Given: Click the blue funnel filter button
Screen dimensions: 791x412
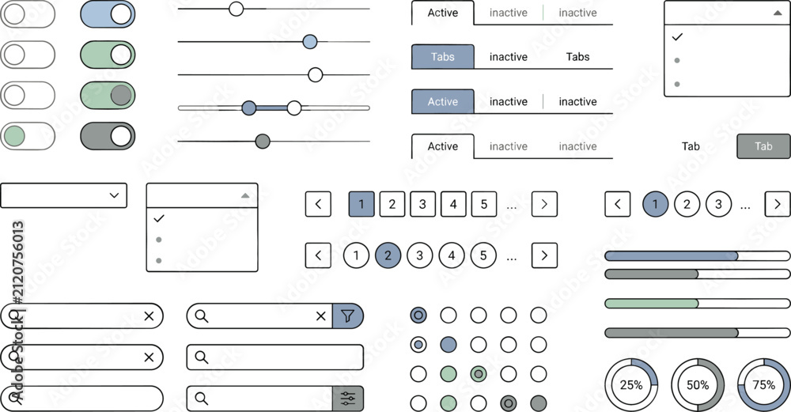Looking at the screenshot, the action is [x=347, y=316].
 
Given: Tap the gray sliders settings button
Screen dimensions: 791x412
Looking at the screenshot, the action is [x=347, y=399].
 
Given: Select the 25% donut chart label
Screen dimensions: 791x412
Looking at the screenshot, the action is [x=631, y=385].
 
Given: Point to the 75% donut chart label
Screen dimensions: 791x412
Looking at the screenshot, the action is [x=764, y=385].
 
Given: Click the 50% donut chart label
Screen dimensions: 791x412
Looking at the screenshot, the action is [x=698, y=385].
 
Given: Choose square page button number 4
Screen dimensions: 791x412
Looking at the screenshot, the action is [x=453, y=204].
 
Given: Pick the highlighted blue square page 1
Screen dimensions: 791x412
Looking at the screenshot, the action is [x=361, y=204].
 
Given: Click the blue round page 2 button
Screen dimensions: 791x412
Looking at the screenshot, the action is [x=388, y=255].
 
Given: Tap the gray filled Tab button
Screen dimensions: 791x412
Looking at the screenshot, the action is [x=763, y=146].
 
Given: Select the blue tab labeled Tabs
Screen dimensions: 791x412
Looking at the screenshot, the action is [x=442, y=56].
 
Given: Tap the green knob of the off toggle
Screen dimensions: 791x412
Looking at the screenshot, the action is [x=14, y=136].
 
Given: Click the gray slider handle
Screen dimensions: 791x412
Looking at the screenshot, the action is [x=263, y=142].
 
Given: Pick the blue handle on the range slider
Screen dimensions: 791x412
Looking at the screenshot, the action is [x=248, y=108].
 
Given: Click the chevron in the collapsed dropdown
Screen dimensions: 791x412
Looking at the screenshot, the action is [x=114, y=195].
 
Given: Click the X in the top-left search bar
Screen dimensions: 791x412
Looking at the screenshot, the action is [x=149, y=316].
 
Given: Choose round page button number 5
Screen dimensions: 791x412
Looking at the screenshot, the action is [x=483, y=255].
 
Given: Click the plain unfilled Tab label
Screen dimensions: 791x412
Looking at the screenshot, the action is [x=691, y=146].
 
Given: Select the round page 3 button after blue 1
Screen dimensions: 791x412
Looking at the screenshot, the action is [x=718, y=204].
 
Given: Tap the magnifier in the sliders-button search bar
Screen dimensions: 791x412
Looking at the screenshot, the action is [x=201, y=399].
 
